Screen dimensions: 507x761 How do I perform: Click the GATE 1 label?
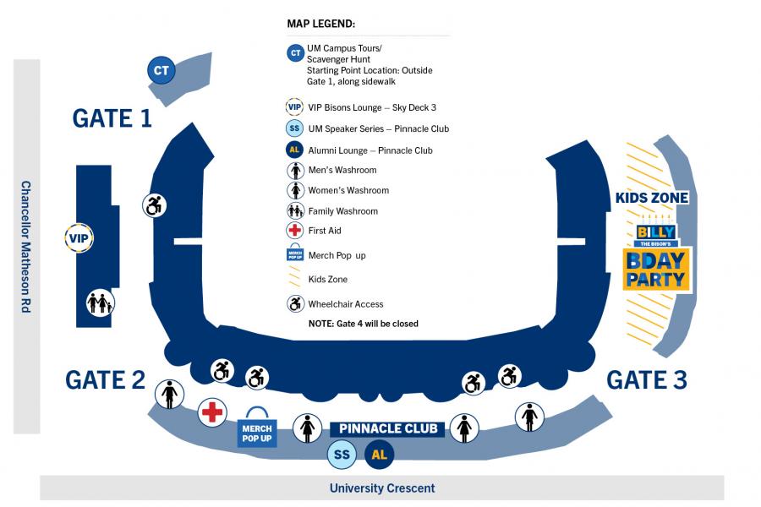pyautogui.click(x=112, y=118)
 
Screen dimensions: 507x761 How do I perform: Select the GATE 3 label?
pyautogui.click(x=646, y=380)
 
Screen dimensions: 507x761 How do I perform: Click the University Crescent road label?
pyautogui.click(x=382, y=488)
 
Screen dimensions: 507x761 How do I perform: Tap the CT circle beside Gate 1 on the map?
pyautogui.click(x=161, y=71)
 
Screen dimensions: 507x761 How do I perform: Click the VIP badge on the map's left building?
pyautogui.click(x=79, y=238)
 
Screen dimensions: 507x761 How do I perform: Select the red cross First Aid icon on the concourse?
pyautogui.click(x=211, y=412)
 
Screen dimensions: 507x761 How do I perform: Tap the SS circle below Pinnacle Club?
pyautogui.click(x=342, y=455)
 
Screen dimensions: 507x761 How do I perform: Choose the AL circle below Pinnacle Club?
pyautogui.click(x=380, y=455)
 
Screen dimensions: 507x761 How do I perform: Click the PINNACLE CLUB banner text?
pyautogui.click(x=388, y=428)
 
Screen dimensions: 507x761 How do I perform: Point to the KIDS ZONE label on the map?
pyautogui.click(x=652, y=198)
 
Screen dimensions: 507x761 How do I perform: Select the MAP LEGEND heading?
pyautogui.click(x=320, y=23)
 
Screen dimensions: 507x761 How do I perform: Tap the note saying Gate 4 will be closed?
pyautogui.click(x=363, y=324)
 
